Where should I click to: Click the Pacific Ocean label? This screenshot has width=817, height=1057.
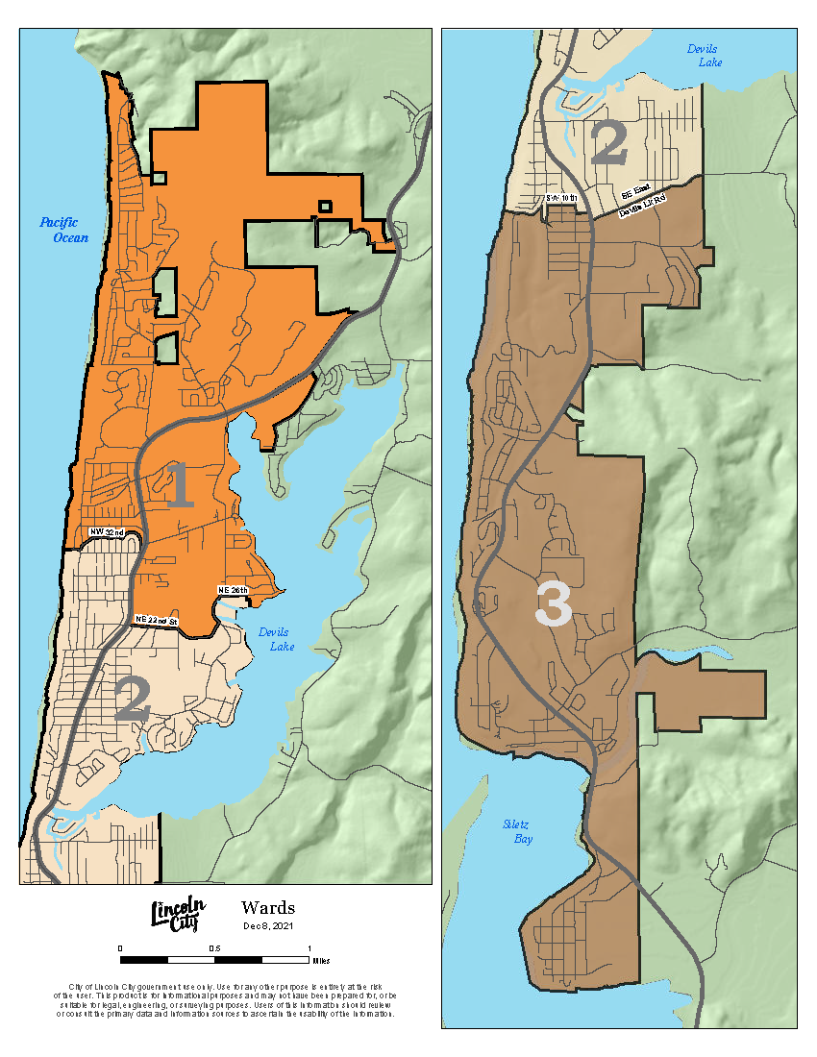pyautogui.click(x=64, y=230)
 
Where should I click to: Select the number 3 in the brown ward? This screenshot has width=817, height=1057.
pyautogui.click(x=554, y=605)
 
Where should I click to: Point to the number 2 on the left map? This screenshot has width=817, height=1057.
pyautogui.click(x=133, y=700)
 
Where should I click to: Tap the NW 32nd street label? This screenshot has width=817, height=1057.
pyautogui.click(x=107, y=531)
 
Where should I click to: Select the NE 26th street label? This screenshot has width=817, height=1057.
pyautogui.click(x=233, y=589)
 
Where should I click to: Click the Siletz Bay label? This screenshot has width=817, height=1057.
pyautogui.click(x=517, y=832)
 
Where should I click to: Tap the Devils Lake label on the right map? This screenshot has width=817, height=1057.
pyautogui.click(x=704, y=55)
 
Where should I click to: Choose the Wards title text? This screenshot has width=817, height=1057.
pyautogui.click(x=268, y=908)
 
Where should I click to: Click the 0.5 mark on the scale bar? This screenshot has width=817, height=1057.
pyautogui.click(x=214, y=948)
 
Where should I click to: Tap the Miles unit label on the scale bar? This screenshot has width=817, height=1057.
pyautogui.click(x=320, y=959)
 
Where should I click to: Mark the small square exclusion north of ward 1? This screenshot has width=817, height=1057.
pyautogui.click(x=326, y=205)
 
